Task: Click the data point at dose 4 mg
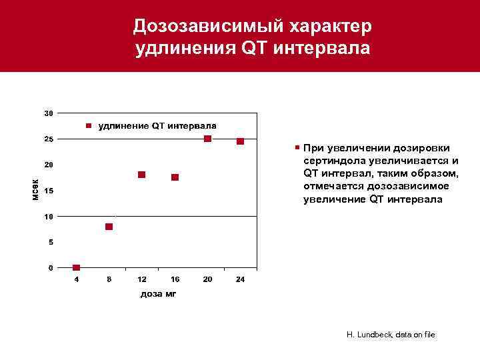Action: [76, 268]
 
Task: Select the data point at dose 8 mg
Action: [109, 227]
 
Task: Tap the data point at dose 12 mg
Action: [142, 175]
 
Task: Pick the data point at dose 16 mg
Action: [175, 177]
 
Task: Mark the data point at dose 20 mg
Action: [207, 139]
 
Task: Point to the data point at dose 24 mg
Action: [240, 141]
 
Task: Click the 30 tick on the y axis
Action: [49, 113]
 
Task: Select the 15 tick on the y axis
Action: [49, 192]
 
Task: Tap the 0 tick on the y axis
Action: [51, 268]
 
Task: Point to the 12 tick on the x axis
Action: [142, 279]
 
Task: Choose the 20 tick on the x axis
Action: [207, 279]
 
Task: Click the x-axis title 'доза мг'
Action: [159, 293]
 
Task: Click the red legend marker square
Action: [89, 125]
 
